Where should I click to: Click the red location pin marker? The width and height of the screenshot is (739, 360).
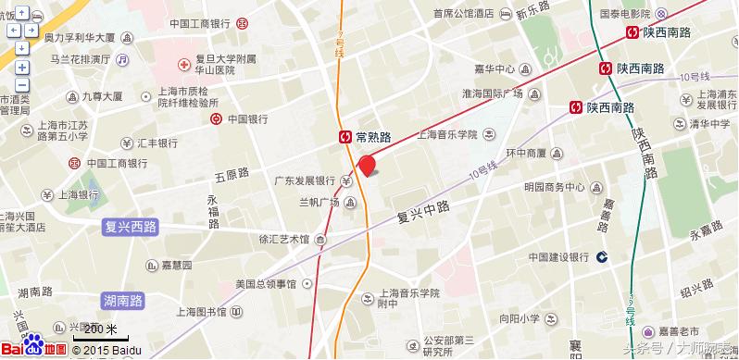click(367, 166)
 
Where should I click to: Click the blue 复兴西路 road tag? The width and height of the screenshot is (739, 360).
click(130, 226)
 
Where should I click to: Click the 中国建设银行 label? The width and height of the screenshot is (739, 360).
click(559, 256)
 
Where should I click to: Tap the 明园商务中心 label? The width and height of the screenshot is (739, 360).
click(554, 186)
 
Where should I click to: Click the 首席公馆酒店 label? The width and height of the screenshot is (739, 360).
click(465, 13)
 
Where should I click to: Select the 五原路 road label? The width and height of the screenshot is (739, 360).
click(232, 173)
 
